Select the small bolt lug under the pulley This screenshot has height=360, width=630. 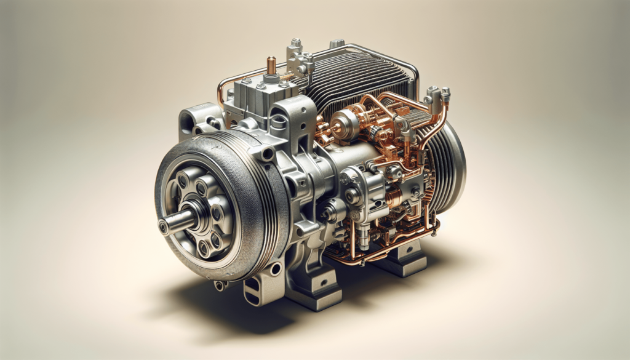point(220,285)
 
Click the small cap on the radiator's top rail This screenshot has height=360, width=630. point(337,44)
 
